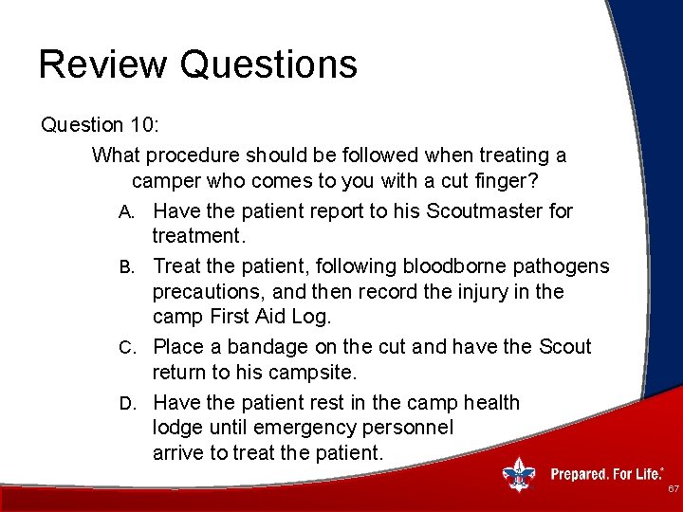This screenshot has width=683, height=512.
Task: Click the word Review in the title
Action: (x=102, y=64)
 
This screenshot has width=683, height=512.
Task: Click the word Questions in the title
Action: (x=268, y=64)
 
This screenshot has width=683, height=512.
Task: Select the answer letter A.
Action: (x=126, y=212)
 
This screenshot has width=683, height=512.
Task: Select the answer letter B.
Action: (x=126, y=267)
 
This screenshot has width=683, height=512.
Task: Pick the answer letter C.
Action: (x=127, y=348)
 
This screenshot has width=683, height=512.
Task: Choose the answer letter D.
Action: (x=127, y=404)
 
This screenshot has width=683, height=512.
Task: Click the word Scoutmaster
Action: (x=484, y=211)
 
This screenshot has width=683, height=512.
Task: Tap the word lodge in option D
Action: (x=177, y=428)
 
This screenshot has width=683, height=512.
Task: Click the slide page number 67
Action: (x=674, y=488)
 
